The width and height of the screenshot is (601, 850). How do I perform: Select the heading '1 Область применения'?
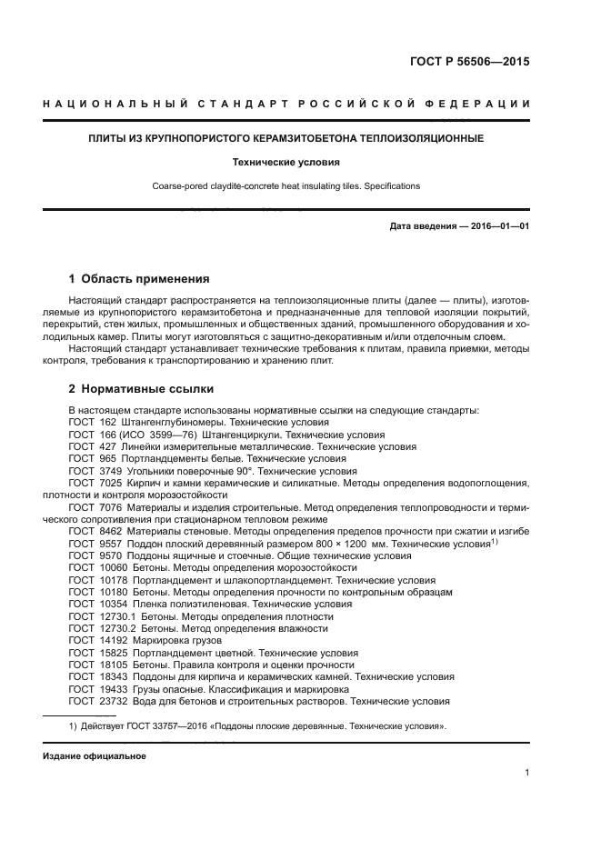(x=139, y=279)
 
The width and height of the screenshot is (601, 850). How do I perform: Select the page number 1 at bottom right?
(x=526, y=773)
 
